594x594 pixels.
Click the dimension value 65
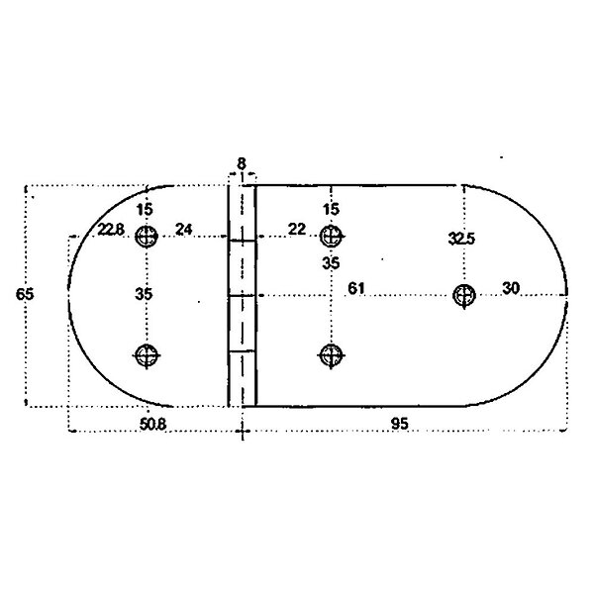pyautogui.click(x=25, y=294)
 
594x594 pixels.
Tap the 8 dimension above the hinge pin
pyautogui.click(x=242, y=164)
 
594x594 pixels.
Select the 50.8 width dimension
pyautogui.click(x=152, y=425)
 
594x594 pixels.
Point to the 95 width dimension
pyautogui.click(x=400, y=424)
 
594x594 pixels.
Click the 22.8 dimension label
pyautogui.click(x=111, y=230)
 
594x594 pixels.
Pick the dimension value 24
pyautogui.click(x=184, y=230)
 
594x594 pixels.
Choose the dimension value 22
pyautogui.click(x=297, y=230)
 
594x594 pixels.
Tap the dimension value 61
pyautogui.click(x=356, y=289)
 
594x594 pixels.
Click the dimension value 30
pyautogui.click(x=511, y=289)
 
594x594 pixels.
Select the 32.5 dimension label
pyautogui.click(x=461, y=239)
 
